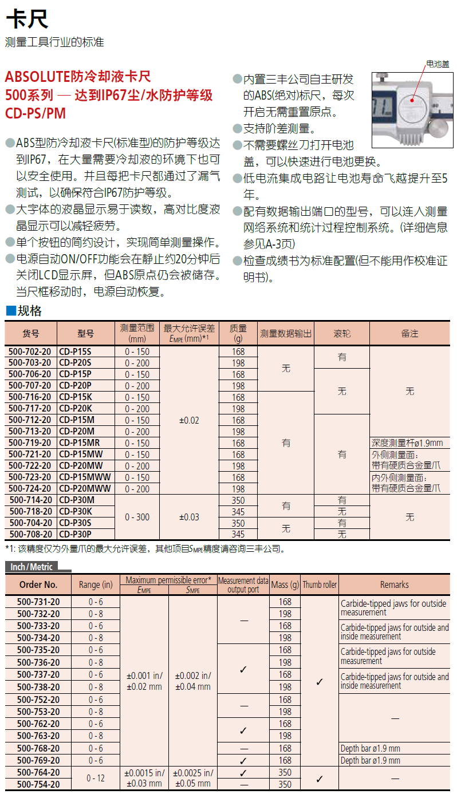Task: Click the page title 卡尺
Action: pos(27,21)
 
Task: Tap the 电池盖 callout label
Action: pos(437,64)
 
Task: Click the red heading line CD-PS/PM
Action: pos(36,113)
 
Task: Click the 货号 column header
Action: pos(31,333)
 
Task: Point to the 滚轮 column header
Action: pos(341,333)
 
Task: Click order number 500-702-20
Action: pos(30,351)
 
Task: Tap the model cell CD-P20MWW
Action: pos(85,489)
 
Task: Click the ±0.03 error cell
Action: pos(189,517)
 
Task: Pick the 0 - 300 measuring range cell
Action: pos(137,517)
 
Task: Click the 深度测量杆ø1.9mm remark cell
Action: pos(407,443)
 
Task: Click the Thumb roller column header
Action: pos(320,584)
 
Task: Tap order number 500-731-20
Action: pos(38,602)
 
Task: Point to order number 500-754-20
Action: pos(38,784)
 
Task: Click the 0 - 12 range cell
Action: pos(96,779)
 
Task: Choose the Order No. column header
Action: pos(38,584)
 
